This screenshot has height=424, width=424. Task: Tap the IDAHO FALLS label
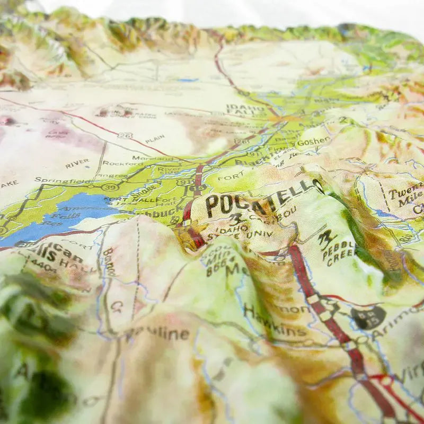(x=245, y=110)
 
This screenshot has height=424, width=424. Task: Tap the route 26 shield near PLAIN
(x=125, y=136)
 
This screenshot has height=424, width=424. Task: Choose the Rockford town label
(x=122, y=163)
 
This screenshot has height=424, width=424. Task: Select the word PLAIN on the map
(x=155, y=139)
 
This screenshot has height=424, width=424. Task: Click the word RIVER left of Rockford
(x=77, y=163)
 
